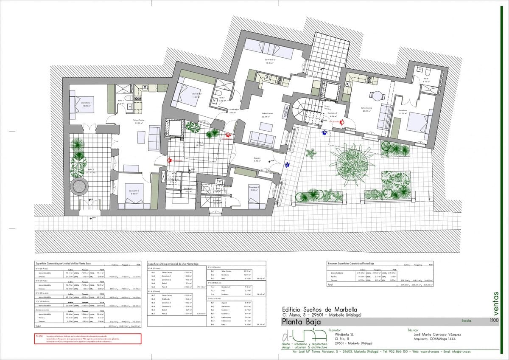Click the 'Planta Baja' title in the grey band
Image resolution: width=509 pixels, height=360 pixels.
click(x=301, y=321)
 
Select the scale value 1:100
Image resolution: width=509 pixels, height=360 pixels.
click(x=494, y=321)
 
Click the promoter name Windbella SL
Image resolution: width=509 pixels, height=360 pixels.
click(x=344, y=334)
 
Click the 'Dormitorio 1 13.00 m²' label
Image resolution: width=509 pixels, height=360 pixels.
click(x=87, y=104)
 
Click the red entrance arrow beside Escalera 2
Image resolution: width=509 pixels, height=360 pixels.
click(x=341, y=121)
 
